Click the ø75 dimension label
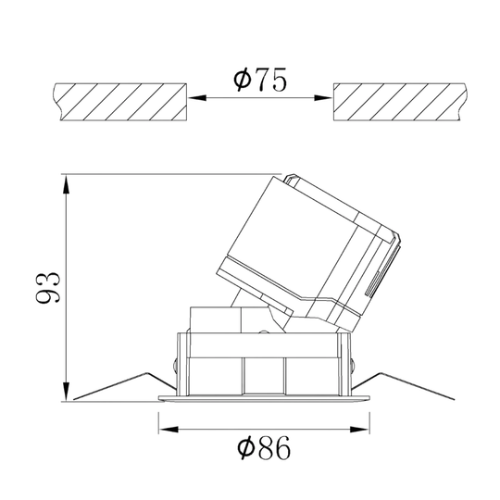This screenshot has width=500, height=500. (x=260, y=79)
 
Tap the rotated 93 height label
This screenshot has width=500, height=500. (x=48, y=287)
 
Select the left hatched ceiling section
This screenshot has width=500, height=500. (x=119, y=102)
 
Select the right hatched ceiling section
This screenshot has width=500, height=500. (x=400, y=102)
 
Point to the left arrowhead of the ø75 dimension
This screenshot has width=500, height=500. (x=197, y=97)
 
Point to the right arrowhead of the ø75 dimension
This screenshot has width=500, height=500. (x=323, y=97)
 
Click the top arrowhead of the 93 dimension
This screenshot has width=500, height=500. (x=66, y=184)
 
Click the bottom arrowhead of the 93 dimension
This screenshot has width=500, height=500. (x=66, y=391)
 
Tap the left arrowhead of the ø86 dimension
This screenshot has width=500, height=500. (x=169, y=430)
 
